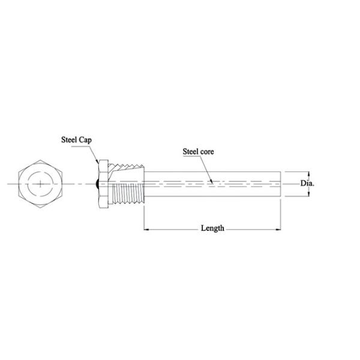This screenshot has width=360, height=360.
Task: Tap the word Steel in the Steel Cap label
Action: click(69, 140)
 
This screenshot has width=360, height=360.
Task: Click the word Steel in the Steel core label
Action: click(191, 152)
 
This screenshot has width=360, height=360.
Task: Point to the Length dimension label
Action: click(212, 229)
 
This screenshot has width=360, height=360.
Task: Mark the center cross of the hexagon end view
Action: click(40, 182)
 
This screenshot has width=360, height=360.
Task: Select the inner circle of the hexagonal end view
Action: click(40, 172)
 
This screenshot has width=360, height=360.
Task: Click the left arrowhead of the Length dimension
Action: click(146, 229)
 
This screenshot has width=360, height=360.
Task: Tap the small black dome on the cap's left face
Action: click(97, 182)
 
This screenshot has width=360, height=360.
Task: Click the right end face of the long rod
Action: click(281, 182)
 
